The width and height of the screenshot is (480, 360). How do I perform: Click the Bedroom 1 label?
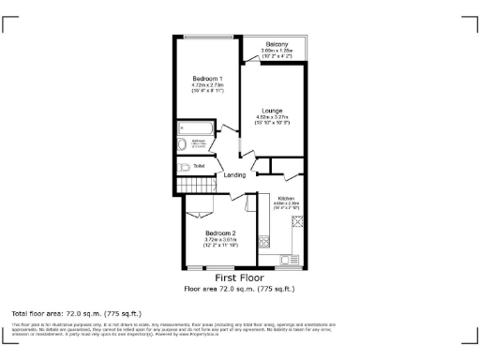pyautogui.click(x=207, y=77)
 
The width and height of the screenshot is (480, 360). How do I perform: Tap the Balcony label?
pyautogui.click(x=276, y=44)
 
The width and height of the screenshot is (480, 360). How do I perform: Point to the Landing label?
pyautogui.click(x=234, y=174)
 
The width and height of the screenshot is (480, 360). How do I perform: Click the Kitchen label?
pyautogui.click(x=286, y=198)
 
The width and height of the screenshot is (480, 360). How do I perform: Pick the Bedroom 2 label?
pyautogui.click(x=220, y=232)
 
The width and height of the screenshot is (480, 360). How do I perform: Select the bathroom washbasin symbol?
pyautogui.click(x=183, y=144)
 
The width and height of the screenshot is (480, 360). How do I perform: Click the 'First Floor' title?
pyautogui.click(x=239, y=278)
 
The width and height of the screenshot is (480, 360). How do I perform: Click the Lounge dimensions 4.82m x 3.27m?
pyautogui.click(x=273, y=119)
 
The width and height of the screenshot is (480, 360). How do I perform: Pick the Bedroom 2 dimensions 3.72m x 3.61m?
pyautogui.click(x=220, y=242)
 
